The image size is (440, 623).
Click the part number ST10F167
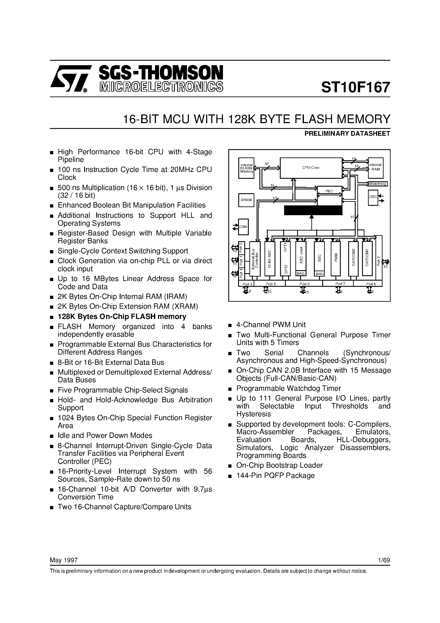(x=356, y=87)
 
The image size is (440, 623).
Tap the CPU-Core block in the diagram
(x=311, y=168)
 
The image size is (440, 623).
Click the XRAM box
(x=246, y=200)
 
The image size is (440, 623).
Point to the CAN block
(x=243, y=226)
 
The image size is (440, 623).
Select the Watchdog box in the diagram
(x=378, y=184)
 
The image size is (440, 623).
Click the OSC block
(x=373, y=197)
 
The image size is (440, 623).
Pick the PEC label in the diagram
(x=329, y=191)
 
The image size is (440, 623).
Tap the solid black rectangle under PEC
(x=313, y=210)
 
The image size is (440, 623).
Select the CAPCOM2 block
(x=353, y=258)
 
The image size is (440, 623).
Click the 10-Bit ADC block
(x=269, y=258)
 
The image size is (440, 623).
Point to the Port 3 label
(x=304, y=284)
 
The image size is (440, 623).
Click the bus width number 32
(x=266, y=164)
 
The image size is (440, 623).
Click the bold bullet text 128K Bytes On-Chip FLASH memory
(x=122, y=317)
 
